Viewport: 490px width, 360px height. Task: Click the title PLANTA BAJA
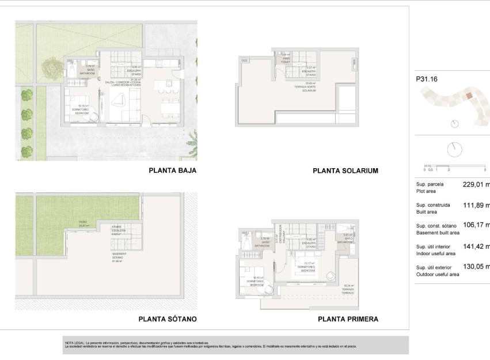click(173, 170)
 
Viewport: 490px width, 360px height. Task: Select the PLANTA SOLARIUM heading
click(345, 171)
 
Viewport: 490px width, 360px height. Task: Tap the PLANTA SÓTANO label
click(168, 319)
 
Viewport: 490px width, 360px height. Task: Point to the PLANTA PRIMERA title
click(348, 319)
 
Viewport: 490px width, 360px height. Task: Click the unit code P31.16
click(427, 79)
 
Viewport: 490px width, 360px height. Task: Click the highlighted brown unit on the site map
click(469, 97)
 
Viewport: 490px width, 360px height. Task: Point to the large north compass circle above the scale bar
click(454, 149)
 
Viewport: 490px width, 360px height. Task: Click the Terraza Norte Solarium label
click(310, 89)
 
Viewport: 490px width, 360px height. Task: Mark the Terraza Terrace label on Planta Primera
click(349, 287)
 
